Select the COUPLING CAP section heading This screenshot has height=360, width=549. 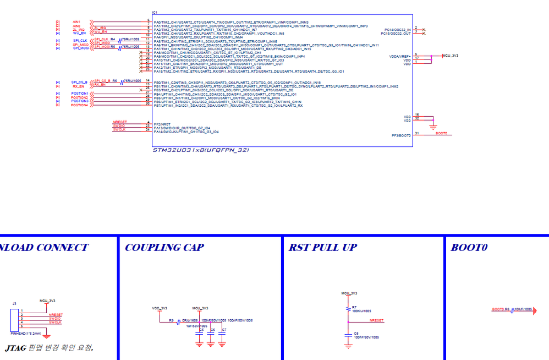pyautogui.click(x=164, y=248)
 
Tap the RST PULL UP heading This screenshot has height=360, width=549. pyautogui.click(x=322, y=248)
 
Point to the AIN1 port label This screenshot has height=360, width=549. pyautogui.click(x=76, y=22)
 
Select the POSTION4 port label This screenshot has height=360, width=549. pyautogui.click(x=79, y=105)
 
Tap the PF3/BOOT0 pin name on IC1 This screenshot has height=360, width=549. pyautogui.click(x=401, y=135)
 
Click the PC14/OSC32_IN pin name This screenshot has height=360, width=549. pyautogui.click(x=398, y=29)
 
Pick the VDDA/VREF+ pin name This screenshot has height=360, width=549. pyautogui.click(x=400, y=57)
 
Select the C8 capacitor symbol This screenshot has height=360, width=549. pyautogui.click(x=348, y=335)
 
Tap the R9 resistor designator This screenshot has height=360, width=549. pyautogui.click(x=171, y=320)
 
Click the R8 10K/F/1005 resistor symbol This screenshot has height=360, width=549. pyautogui.click(x=512, y=310)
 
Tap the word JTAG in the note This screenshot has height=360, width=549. pyautogui.click(x=15, y=348)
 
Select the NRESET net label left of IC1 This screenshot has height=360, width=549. pyautogui.click(x=119, y=122)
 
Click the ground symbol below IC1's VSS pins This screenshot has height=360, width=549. pyautogui.click(x=433, y=127)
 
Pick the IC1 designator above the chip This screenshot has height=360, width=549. pyautogui.click(x=155, y=12)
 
